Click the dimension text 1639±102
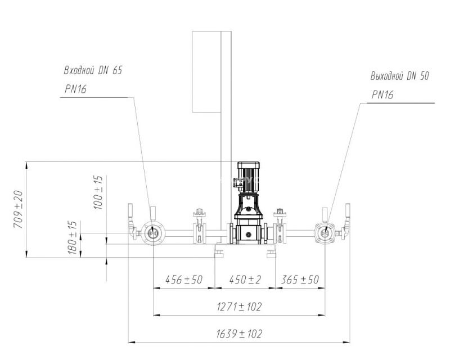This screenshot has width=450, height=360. [239, 334]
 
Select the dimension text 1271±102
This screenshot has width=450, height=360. [239, 307]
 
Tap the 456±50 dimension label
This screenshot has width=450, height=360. [184, 280]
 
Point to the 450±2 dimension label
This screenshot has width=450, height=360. [245, 280]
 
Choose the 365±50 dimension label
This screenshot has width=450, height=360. [300, 280]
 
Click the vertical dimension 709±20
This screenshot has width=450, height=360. [18, 209]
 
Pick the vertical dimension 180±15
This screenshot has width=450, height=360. [73, 238]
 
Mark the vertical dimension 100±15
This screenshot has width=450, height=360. [98, 192]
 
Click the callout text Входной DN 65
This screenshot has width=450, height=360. [93, 70]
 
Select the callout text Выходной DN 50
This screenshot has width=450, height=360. [399, 76]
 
